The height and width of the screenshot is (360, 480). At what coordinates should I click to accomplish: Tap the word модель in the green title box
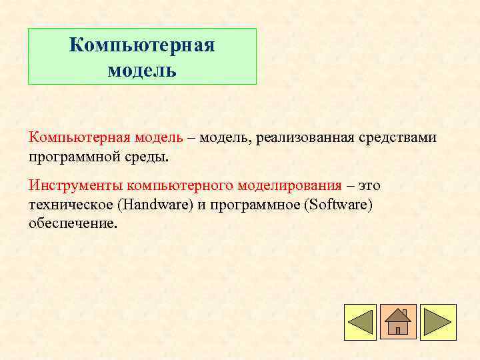[x=142, y=70]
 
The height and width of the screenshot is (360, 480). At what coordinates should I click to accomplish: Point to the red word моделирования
[x=290, y=185]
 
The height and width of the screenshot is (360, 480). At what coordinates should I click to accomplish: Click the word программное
[x=253, y=204]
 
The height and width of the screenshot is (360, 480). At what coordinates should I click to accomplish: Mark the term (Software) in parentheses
[x=338, y=204]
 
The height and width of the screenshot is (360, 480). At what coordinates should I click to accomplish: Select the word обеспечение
[x=73, y=223]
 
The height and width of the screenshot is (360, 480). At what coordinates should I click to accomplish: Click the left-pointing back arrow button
[x=360, y=323]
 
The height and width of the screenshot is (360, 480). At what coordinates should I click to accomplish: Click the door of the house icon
[x=398, y=329]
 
